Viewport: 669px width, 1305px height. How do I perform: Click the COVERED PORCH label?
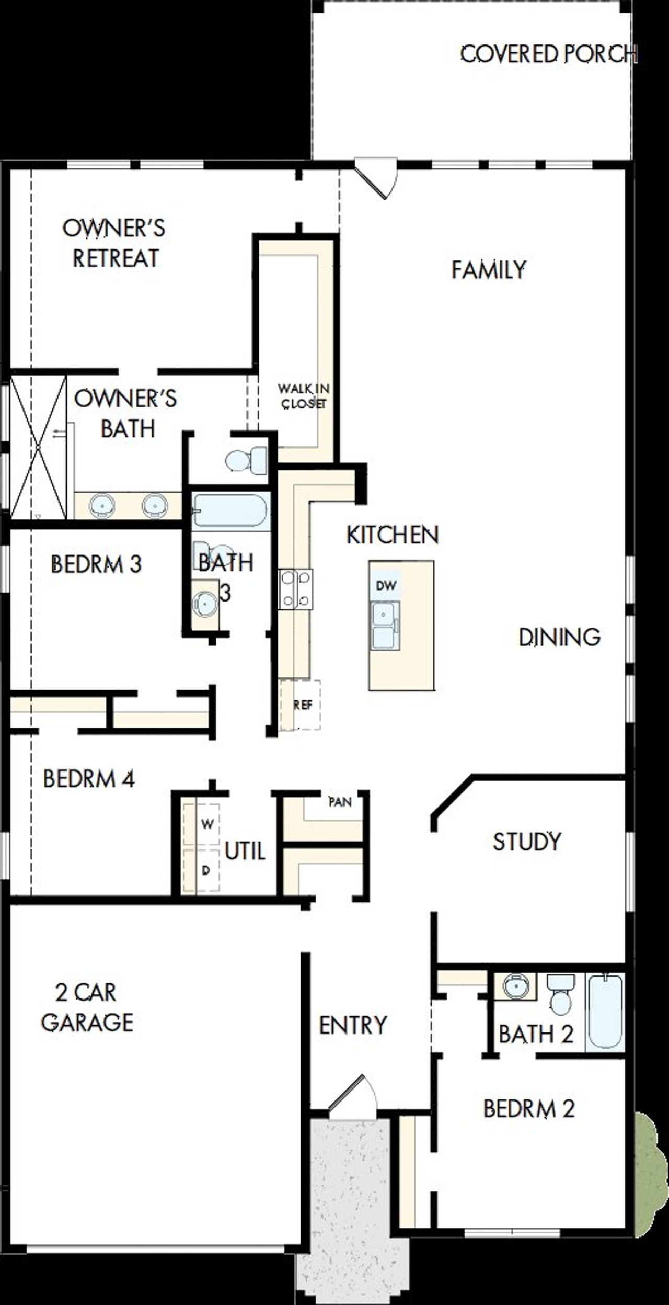548,54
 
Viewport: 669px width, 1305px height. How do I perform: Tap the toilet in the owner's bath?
246,460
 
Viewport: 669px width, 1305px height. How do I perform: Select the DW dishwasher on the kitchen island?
386,585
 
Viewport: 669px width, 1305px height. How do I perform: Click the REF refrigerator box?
301,705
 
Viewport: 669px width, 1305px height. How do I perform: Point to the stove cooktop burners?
296,589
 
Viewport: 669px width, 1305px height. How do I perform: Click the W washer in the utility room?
207,824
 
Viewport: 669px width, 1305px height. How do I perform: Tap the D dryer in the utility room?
206,870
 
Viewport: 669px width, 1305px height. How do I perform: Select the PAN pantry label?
340,801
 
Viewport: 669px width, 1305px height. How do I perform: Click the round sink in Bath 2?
515,986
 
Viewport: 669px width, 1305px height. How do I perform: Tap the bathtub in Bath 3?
230,510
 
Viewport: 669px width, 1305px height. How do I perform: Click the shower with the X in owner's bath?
39,447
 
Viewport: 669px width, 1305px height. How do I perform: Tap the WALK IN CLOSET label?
303,396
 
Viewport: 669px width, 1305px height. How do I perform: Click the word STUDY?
527,842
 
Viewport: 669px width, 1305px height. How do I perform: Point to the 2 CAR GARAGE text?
87,1008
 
